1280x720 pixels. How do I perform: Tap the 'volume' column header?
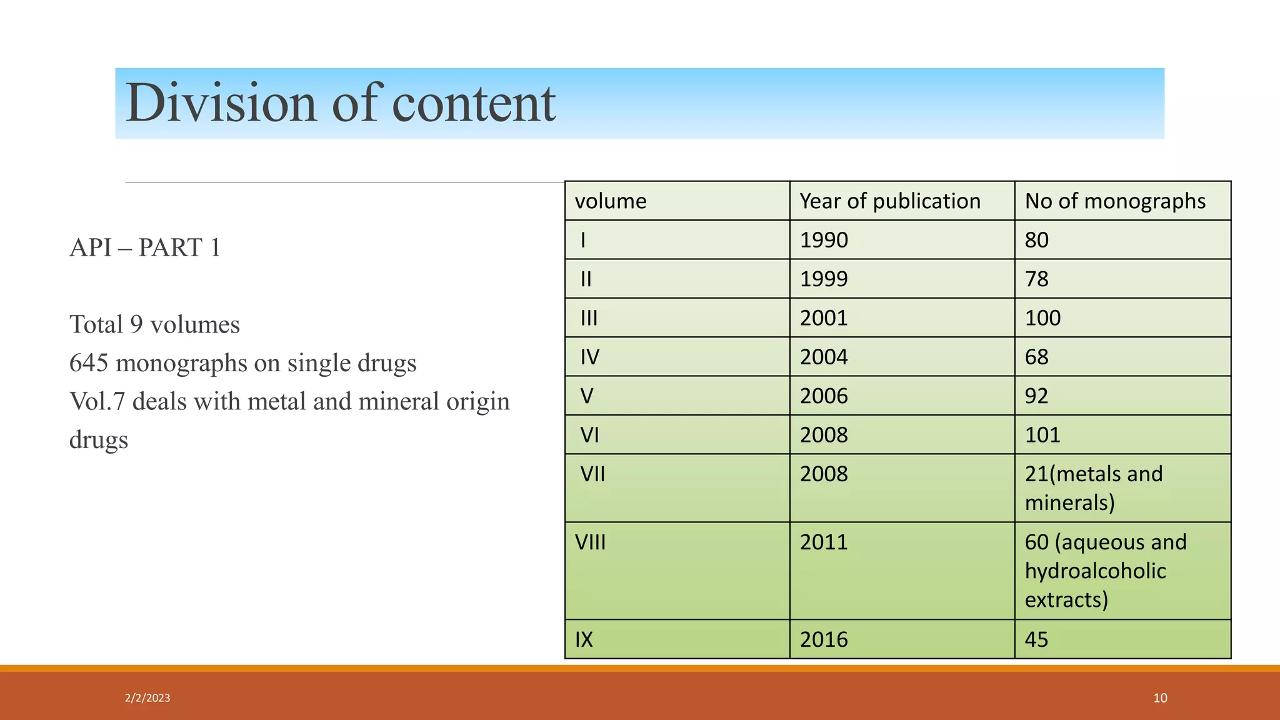[x=611, y=201]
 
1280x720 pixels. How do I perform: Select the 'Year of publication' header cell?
[x=890, y=201]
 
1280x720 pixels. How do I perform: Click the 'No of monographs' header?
[x=1115, y=201]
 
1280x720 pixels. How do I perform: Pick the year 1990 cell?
[x=824, y=240]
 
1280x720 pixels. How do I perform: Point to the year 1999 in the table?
[x=824, y=279]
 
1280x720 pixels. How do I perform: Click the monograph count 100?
[x=1042, y=318]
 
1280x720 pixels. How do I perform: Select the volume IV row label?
[x=589, y=357]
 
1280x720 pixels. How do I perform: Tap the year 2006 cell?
[x=824, y=396]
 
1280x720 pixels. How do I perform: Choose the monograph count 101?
[x=1042, y=435]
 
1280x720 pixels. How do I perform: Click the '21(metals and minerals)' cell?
[x=1094, y=488]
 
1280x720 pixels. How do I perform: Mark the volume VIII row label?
[x=590, y=542]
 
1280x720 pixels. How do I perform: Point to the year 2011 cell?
[x=824, y=542]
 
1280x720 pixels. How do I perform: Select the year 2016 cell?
[x=824, y=639]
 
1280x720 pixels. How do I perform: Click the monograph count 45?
[x=1036, y=639]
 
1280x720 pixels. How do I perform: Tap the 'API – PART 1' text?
[x=145, y=247]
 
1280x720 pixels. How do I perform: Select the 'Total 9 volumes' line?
[x=154, y=325]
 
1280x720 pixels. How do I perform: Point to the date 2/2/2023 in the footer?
[x=147, y=698]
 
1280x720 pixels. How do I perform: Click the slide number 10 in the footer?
[x=1160, y=698]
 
